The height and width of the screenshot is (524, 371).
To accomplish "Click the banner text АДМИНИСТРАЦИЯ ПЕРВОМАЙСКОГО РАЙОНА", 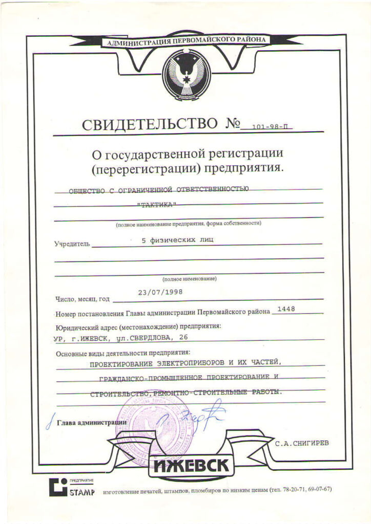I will [x=186, y=41].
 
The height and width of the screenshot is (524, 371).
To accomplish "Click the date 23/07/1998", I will [x=160, y=292].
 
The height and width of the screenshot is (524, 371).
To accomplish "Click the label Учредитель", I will [x=72, y=244].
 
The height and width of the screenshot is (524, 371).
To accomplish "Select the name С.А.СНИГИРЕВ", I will [x=302, y=443].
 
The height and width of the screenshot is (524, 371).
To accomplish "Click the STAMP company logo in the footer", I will [x=72, y=487].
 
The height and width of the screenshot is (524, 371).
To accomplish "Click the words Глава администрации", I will [x=92, y=422].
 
